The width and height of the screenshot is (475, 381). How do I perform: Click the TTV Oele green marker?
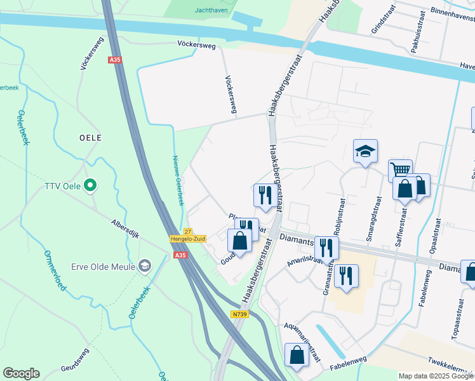coord(91,186)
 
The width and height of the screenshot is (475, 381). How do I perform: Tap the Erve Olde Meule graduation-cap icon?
coord(145,266)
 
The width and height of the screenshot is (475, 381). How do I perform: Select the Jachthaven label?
coord(212,11)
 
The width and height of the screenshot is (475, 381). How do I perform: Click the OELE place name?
coord(90,137)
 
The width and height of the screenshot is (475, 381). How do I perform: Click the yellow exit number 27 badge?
coord(187,232)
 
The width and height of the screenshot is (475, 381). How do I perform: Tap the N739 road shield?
coord(239,314)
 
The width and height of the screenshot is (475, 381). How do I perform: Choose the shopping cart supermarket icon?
coord(400,170)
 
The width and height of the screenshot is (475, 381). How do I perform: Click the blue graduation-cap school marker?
coord(365,151)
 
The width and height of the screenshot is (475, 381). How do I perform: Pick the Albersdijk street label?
coord(124,227)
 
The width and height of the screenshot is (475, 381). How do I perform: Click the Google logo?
coord(21,373)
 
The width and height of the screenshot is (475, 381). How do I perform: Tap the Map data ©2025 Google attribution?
coord(436,376)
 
